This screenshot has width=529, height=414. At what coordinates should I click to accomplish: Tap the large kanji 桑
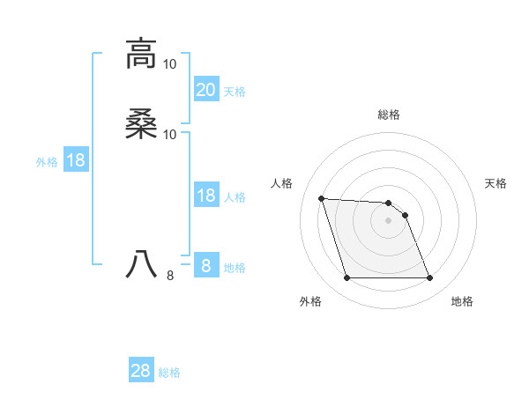(141, 124)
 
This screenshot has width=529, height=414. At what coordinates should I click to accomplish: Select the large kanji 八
(141, 263)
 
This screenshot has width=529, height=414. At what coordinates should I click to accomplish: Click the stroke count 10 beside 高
(170, 64)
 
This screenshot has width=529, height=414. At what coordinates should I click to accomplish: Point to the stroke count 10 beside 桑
(170, 135)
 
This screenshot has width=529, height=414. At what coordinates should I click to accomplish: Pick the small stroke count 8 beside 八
(170, 276)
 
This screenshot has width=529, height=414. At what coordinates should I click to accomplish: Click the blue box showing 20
(206, 89)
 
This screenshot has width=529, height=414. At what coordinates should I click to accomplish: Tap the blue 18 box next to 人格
(206, 196)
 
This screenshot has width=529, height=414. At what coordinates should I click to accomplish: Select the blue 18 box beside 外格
(75, 160)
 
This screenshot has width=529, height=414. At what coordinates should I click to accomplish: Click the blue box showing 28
(141, 371)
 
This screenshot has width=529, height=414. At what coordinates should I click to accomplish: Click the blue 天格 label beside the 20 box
(235, 91)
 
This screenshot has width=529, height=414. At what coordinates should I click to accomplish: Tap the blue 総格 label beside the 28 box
(169, 373)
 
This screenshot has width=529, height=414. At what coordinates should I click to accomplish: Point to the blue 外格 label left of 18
(47, 162)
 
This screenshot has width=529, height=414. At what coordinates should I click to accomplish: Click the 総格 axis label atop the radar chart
(389, 115)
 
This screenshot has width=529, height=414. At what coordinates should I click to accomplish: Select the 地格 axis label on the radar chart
(462, 302)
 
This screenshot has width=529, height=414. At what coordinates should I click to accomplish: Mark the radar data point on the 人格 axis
(322, 198)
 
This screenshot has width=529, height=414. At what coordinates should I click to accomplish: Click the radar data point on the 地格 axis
(429, 278)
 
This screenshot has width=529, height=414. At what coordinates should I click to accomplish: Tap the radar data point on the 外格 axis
(346, 278)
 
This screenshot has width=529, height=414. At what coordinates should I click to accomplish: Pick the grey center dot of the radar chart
(389, 220)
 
